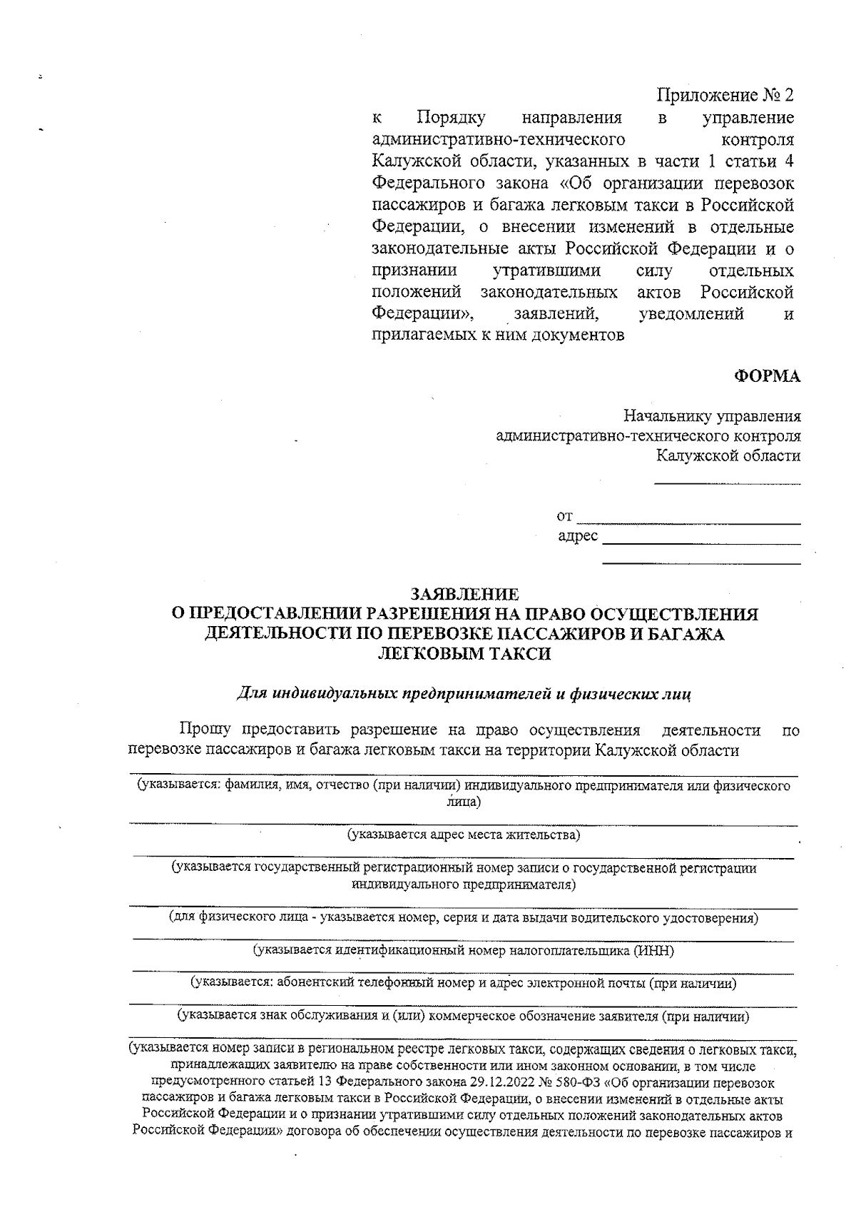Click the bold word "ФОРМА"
pyautogui.click(x=768, y=377)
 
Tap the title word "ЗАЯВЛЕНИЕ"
pyautogui.click(x=464, y=594)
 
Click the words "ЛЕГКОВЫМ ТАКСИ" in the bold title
pyautogui.click(x=464, y=654)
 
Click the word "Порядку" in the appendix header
pyautogui.click(x=451, y=116)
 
